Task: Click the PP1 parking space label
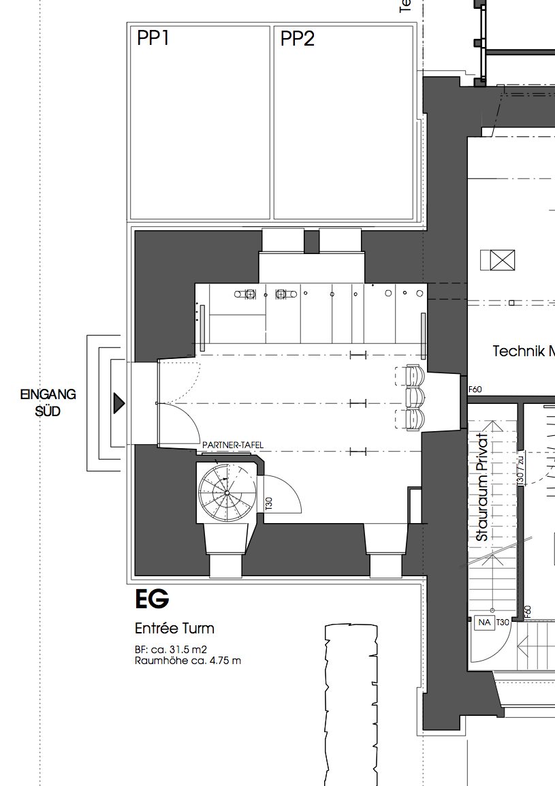153,39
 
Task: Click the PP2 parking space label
298,39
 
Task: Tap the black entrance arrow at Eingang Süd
119,403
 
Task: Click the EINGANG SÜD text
48,403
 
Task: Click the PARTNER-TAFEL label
232,445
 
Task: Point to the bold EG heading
151,600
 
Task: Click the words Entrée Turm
174,628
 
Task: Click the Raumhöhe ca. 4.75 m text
187,660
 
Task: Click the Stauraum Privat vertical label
482,488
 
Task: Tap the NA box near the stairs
485,623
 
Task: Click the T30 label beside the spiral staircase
268,504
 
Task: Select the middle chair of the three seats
414,396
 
